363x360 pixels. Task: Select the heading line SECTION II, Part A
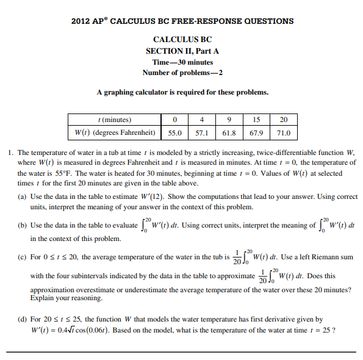click(182, 51)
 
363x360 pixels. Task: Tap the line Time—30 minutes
click(182, 62)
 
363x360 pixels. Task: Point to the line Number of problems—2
click(182, 73)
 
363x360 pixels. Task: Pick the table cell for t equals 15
click(256, 120)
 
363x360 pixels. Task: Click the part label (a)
click(23, 197)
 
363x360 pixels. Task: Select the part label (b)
click(23, 226)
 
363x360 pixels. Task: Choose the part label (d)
click(23, 319)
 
